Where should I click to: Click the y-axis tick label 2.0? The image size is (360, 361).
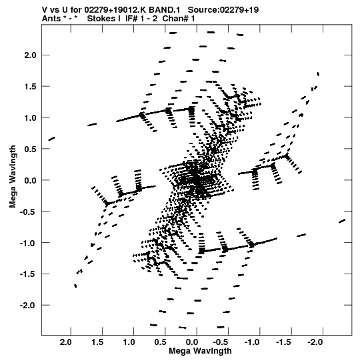tap(30, 55)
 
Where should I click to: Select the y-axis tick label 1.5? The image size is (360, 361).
tap(30, 87)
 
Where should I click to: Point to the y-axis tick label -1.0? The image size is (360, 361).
tap(28, 243)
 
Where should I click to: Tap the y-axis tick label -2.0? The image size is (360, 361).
tap(28, 306)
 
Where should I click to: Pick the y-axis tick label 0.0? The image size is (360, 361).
tap(30, 180)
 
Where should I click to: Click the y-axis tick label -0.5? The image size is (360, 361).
tap(28, 212)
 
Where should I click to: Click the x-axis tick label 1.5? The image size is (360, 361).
tap(97, 342)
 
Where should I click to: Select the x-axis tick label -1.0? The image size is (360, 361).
tap(252, 342)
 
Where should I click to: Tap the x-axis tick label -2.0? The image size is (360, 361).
tap(315, 342)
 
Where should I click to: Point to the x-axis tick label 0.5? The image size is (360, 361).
tap(161, 342)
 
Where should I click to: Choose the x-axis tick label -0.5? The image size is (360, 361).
tap(220, 342)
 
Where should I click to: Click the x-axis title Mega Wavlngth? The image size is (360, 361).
tap(200, 351)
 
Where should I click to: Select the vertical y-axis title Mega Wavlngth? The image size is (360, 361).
tap(13, 177)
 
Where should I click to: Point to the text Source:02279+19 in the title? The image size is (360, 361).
tap(223, 10)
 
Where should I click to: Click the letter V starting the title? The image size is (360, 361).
tap(45, 10)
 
